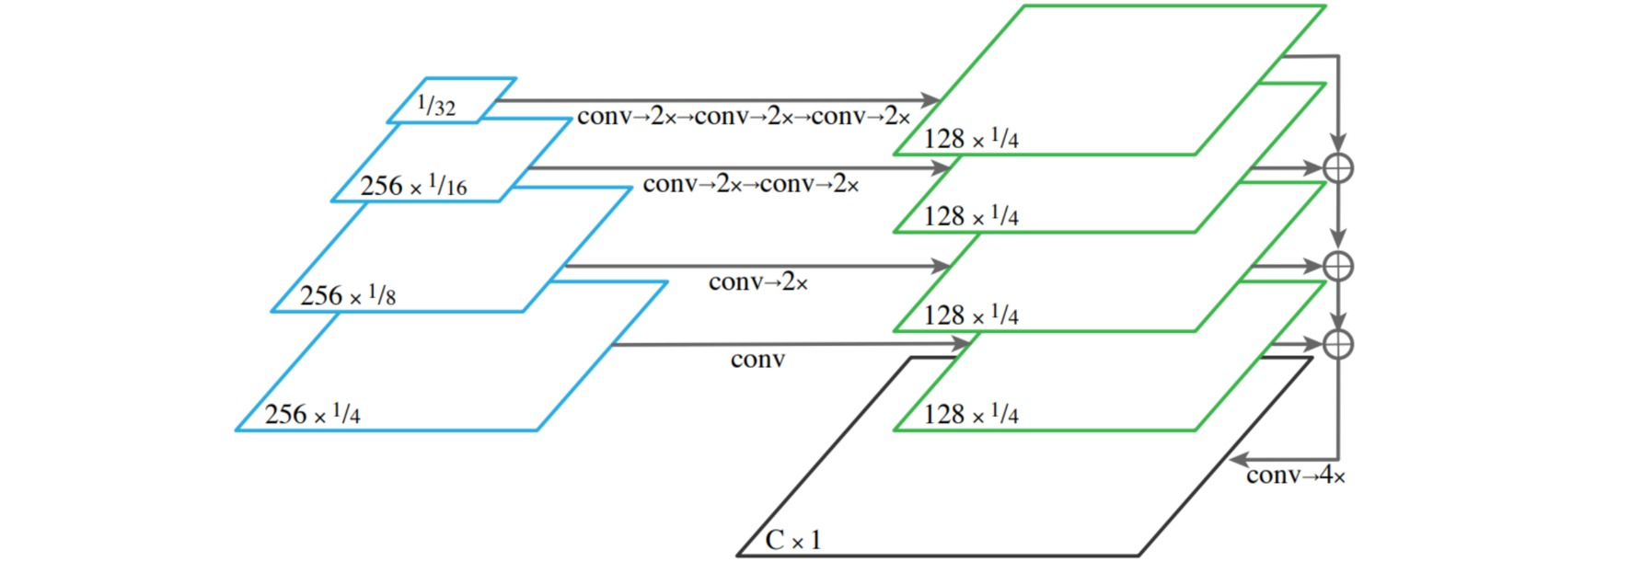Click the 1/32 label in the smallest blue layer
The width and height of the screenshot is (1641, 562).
click(436, 105)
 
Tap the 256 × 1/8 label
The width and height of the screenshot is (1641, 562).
click(348, 295)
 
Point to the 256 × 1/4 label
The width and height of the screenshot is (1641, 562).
click(313, 414)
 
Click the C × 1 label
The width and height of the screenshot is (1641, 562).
click(792, 540)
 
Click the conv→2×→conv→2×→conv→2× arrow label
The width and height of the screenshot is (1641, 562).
click(744, 117)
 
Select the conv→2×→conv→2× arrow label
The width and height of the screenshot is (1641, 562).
click(751, 184)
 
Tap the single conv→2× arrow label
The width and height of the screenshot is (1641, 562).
click(758, 281)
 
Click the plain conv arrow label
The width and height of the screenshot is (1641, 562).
click(757, 359)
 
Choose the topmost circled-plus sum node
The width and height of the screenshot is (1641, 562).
click(1337, 168)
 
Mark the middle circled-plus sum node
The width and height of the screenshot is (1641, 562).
click(1337, 266)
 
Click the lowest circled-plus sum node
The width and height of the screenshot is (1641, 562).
click(1337, 344)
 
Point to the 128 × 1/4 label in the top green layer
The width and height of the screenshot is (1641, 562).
click(971, 139)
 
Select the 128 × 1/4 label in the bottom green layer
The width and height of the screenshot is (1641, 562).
click(971, 414)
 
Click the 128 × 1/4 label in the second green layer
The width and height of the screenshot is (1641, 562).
click(971, 216)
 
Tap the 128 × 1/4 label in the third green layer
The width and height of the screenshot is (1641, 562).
click(971, 315)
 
